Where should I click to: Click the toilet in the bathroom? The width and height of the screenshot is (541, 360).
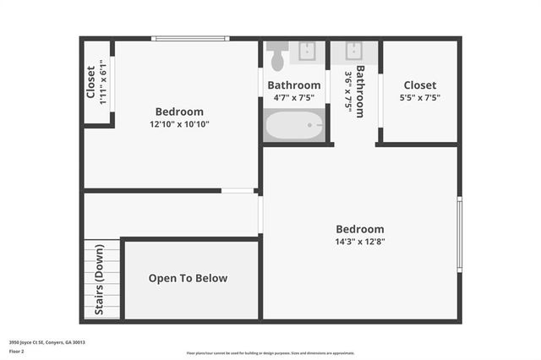coord(277,57)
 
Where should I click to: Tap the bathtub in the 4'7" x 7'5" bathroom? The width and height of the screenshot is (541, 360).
coord(294,128)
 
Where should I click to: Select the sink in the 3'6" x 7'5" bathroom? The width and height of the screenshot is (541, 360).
coord(354,51)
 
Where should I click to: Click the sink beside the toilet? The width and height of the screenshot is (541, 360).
coord(308,51)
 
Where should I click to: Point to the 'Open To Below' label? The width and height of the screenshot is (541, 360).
coord(188,278)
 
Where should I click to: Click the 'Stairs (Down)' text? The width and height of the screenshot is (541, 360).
coord(99,280)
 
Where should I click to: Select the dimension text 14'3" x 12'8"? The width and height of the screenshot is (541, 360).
coord(359,241)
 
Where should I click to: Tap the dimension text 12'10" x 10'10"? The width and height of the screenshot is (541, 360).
coord(179,124)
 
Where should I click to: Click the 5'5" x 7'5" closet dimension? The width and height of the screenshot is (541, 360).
coord(419,97)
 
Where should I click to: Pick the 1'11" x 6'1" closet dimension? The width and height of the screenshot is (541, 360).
coord(103,82)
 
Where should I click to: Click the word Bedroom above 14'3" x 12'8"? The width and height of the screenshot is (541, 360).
coord(359,229)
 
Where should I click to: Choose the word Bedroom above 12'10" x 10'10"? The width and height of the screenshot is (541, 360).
coord(179,112)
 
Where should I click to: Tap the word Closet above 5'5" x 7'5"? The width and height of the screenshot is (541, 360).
coord(419,85)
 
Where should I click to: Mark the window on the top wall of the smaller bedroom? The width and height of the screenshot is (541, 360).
coord(190,38)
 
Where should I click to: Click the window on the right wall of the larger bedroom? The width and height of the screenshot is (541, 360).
coord(459,233)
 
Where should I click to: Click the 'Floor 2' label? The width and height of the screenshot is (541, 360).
coord(16,351)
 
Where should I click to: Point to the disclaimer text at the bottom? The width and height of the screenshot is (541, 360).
coord(270,353)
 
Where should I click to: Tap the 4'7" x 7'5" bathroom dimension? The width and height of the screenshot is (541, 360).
coord(294,97)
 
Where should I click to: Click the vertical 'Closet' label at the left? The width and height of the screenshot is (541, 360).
coord(91,82)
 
